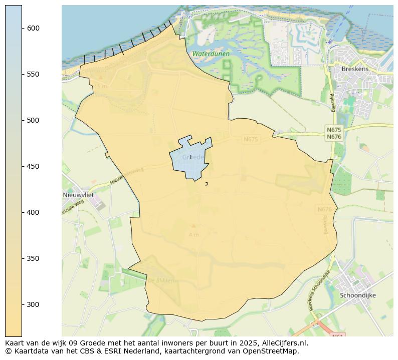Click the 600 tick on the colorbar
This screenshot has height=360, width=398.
(33, 28)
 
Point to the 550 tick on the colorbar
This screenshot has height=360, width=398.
(33, 74)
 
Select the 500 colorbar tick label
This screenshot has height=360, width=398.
(33, 120)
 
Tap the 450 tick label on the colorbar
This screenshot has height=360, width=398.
(33, 166)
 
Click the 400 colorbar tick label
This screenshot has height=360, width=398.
(33, 212)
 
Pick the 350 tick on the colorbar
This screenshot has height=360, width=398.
(33, 258)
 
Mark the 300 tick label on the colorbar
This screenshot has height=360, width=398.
(33, 304)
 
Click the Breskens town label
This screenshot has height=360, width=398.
(355, 69)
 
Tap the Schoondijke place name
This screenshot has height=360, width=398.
(357, 295)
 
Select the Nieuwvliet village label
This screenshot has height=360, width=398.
(79, 194)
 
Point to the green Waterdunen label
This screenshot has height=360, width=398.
(211, 54)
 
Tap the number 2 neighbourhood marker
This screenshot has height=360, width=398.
(207, 184)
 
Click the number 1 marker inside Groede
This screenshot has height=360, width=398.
(190, 157)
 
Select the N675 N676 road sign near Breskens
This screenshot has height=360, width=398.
(333, 133)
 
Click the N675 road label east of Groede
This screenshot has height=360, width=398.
(251, 140)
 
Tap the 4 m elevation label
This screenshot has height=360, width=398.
(193, 235)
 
